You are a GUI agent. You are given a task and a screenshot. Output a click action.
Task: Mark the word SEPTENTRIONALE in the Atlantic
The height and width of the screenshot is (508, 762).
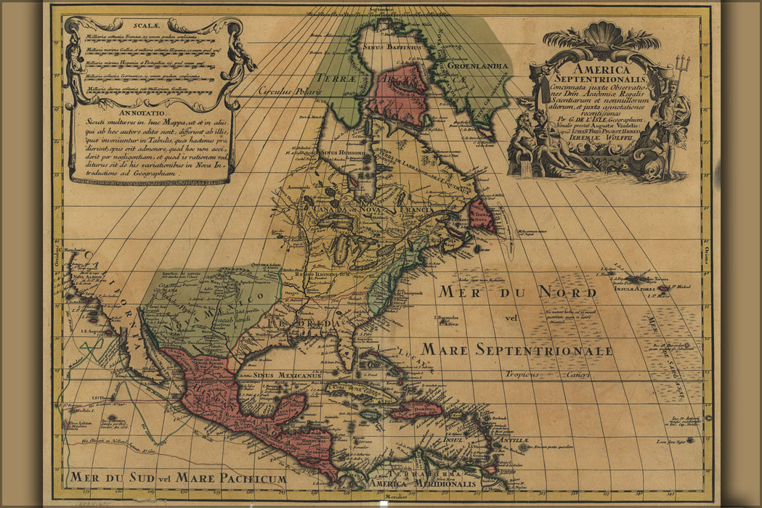click(x=544, y=351)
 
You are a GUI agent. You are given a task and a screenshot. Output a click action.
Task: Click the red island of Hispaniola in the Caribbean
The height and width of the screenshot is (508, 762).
click(x=416, y=410)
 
